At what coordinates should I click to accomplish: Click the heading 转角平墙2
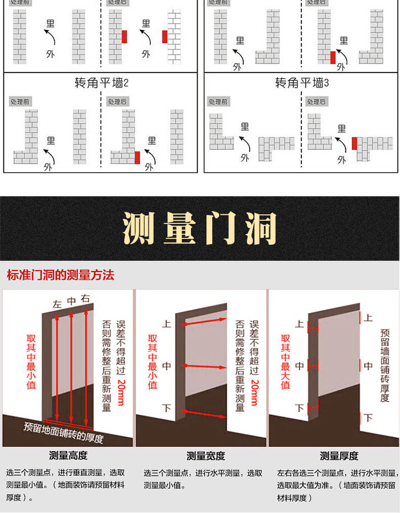[101, 83]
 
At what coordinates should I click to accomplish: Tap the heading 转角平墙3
[302, 83]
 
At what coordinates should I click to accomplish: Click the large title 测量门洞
[200, 228]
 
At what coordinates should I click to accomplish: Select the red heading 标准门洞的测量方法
[61, 275]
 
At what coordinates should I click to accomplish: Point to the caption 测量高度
[68, 455]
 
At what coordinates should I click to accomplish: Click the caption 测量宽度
[206, 455]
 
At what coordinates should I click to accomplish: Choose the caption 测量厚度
[339, 455]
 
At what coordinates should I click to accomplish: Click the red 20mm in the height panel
[121, 392]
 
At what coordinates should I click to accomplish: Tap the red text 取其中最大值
[285, 362]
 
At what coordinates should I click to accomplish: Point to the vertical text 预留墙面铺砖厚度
[385, 366]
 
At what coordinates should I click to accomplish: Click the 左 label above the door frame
[57, 304]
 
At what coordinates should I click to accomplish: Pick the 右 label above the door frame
[86, 298]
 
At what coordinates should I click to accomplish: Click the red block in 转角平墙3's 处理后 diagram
[354, 144]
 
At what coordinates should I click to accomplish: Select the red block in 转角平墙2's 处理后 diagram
[137, 157]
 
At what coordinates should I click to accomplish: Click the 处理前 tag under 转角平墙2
[20, 102]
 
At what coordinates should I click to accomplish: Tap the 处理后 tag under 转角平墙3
[316, 102]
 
